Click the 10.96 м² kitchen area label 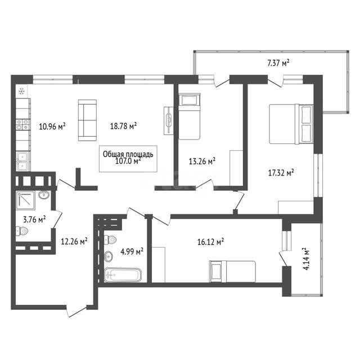[x=52, y=126]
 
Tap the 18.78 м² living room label [x=124, y=125]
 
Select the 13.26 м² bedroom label [x=202, y=161]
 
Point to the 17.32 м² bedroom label [x=281, y=173]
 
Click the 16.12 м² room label [x=210, y=241]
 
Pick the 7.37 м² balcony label [x=278, y=62]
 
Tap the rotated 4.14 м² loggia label [x=307, y=259]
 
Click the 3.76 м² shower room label [x=34, y=219]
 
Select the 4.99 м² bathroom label [x=132, y=251]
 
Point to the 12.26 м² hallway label [x=74, y=241]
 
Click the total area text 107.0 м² [x=128, y=161]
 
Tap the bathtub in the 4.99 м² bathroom [x=123, y=275]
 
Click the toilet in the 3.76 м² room [x=22, y=231]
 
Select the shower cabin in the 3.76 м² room [x=25, y=200]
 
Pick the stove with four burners [x=22, y=124]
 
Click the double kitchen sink [x=22, y=161]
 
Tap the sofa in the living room [x=87, y=120]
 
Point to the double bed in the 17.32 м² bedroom [x=291, y=124]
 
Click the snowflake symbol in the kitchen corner [x=22, y=91]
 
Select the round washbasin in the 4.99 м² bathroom [x=109, y=256]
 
